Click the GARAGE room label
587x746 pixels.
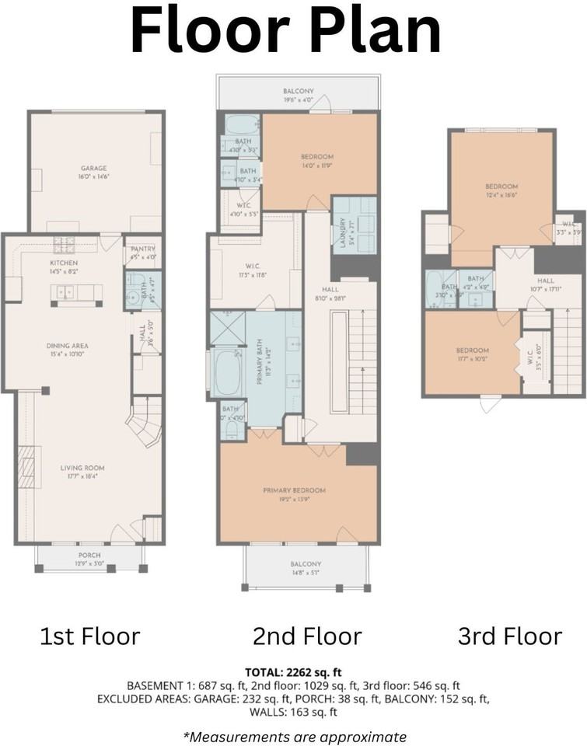[x=94, y=168]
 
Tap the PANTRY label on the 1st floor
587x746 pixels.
[x=142, y=249]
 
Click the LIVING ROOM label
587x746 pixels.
[x=82, y=468]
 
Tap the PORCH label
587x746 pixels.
[x=88, y=555]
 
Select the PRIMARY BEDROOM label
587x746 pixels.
[x=294, y=490]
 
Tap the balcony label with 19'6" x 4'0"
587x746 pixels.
[x=299, y=91]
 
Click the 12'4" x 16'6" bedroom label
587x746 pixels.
[x=501, y=186]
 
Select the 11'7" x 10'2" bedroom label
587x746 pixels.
[x=472, y=350]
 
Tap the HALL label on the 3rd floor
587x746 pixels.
[x=545, y=281]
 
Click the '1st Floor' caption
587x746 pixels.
[x=89, y=636]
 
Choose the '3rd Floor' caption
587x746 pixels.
[x=509, y=636]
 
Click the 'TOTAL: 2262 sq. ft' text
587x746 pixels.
[x=293, y=672]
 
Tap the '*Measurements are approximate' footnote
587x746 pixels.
[x=294, y=736]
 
